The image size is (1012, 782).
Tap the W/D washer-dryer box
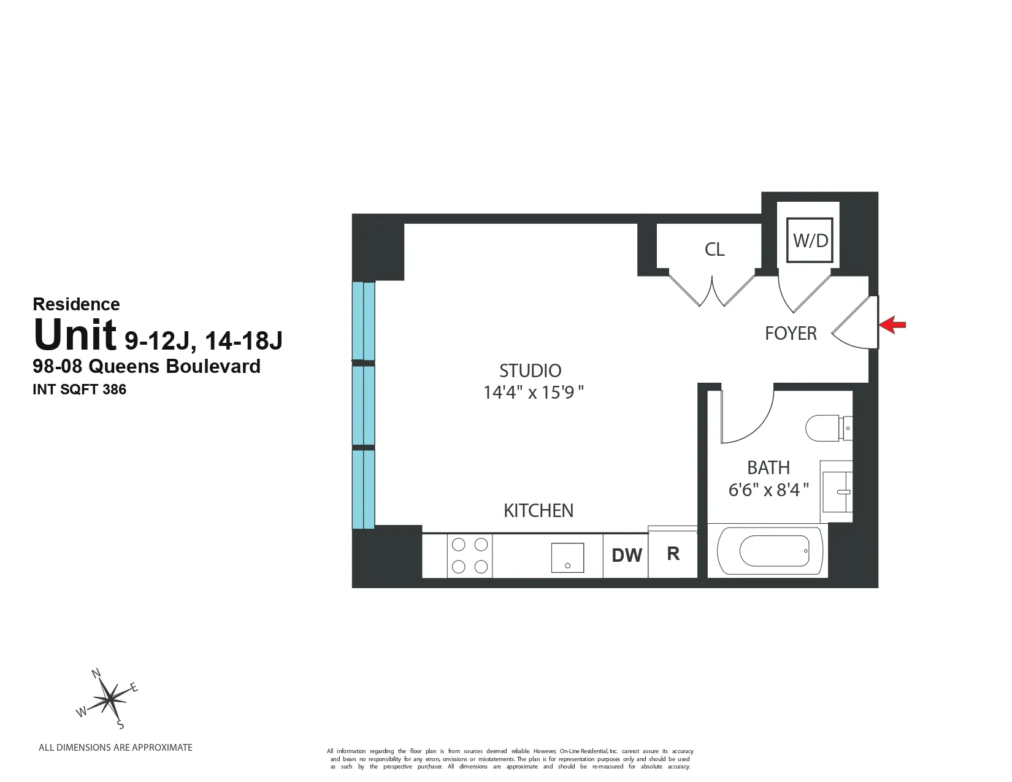[x=810, y=240]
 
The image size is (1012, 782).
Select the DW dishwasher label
[x=627, y=555]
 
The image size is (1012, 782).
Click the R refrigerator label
[x=673, y=553]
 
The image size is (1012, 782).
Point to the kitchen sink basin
[x=567, y=558]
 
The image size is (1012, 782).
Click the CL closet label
[x=715, y=249]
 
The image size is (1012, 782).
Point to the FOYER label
[x=791, y=333]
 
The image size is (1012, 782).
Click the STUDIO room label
[x=530, y=370]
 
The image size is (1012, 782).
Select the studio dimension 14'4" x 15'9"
[x=533, y=392]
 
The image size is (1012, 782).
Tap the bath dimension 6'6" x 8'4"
[x=768, y=490]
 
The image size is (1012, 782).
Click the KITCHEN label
[x=539, y=510]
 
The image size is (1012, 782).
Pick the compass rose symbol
[x=109, y=699]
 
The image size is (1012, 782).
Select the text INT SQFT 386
[x=79, y=389]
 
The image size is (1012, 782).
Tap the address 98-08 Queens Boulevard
[x=147, y=366]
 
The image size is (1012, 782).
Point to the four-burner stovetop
[x=469, y=555]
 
